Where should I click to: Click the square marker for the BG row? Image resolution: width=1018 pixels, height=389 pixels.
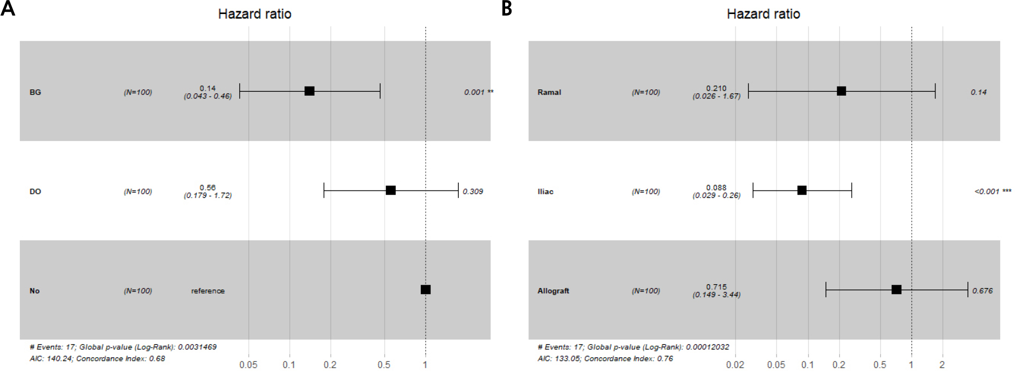click(x=309, y=91)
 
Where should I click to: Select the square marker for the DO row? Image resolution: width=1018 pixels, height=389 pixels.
click(x=391, y=190)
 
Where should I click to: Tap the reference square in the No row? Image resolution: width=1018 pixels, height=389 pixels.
click(x=426, y=289)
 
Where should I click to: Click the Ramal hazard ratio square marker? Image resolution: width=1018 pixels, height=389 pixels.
click(x=841, y=91)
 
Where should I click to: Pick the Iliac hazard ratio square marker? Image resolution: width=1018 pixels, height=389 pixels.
click(x=802, y=190)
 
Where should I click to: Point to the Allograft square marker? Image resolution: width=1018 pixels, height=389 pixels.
click(x=896, y=289)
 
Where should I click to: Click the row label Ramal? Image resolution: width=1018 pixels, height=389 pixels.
click(x=549, y=92)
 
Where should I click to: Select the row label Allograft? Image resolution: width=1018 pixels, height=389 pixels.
click(x=553, y=291)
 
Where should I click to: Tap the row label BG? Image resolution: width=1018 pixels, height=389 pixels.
click(x=35, y=92)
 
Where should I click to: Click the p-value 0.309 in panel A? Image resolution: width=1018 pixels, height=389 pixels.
click(x=473, y=192)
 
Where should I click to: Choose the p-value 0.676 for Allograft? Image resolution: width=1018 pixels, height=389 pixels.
click(x=982, y=291)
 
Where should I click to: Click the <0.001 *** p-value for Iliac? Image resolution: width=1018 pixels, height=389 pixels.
click(x=992, y=192)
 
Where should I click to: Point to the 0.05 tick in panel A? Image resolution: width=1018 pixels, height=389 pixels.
click(x=248, y=365)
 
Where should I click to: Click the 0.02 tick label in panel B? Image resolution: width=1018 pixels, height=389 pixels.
click(x=735, y=365)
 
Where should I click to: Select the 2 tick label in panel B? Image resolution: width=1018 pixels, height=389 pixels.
click(x=942, y=365)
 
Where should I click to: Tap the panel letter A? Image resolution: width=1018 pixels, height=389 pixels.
click(x=8, y=9)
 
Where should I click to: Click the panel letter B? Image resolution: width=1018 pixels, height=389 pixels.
click(x=507, y=9)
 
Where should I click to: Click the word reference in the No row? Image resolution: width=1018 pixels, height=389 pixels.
click(x=207, y=291)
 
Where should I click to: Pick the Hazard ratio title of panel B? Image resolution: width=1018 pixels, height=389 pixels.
click(x=763, y=14)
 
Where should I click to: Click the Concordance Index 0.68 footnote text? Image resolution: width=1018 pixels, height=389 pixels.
click(x=121, y=359)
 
